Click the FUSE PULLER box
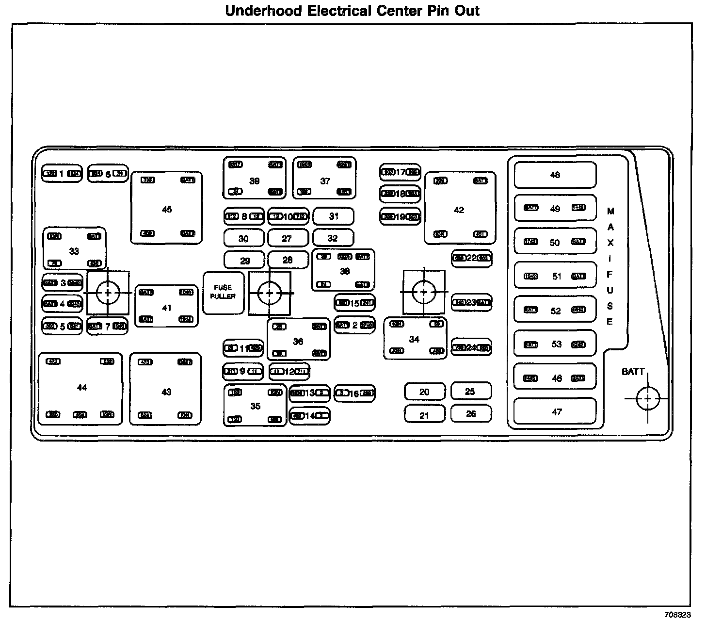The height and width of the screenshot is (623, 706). pyautogui.click(x=223, y=293)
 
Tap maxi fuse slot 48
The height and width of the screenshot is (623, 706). pyautogui.click(x=555, y=175)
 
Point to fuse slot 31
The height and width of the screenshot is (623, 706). pyautogui.click(x=334, y=216)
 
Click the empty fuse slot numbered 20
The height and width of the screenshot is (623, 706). pyautogui.click(x=424, y=392)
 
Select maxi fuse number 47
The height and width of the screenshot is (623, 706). pyautogui.click(x=555, y=412)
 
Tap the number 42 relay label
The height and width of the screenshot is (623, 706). pyautogui.click(x=459, y=210)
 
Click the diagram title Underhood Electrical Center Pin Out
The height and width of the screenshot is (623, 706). pyautogui.click(x=353, y=11)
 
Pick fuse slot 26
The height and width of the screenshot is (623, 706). pyautogui.click(x=471, y=414)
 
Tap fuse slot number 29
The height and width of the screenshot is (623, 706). pyautogui.click(x=244, y=261)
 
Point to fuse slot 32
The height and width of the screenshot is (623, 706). pyautogui.click(x=333, y=238)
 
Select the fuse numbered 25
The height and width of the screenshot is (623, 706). pyautogui.click(x=470, y=391)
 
